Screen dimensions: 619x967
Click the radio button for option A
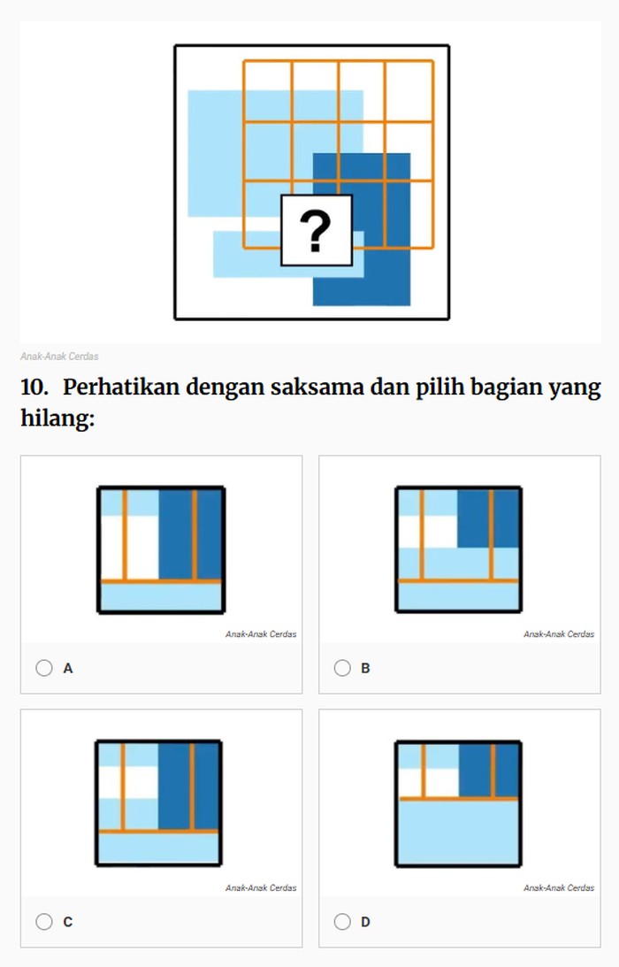click(x=44, y=668)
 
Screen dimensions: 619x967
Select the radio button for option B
click(x=342, y=668)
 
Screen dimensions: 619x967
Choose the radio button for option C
click(x=44, y=922)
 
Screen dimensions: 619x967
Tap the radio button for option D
click(x=342, y=922)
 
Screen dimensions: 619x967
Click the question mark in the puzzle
click(x=316, y=231)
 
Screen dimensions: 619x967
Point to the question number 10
click(x=34, y=388)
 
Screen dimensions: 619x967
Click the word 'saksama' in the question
click(x=317, y=388)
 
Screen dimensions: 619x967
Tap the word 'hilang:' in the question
click(x=57, y=418)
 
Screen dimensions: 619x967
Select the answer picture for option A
click(x=161, y=550)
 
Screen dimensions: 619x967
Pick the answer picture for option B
click(x=459, y=549)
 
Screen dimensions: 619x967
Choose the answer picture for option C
click(x=158, y=803)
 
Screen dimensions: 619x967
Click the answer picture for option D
click(x=459, y=803)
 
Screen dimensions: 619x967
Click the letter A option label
click(x=68, y=668)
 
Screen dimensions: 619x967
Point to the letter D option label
click(x=365, y=922)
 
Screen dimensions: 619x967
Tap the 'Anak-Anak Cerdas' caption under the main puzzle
click(x=59, y=357)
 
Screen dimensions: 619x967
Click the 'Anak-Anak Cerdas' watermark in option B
click(x=559, y=634)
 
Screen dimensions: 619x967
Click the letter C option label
click(x=68, y=922)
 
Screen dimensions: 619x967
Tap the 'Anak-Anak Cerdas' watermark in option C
click(x=261, y=888)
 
